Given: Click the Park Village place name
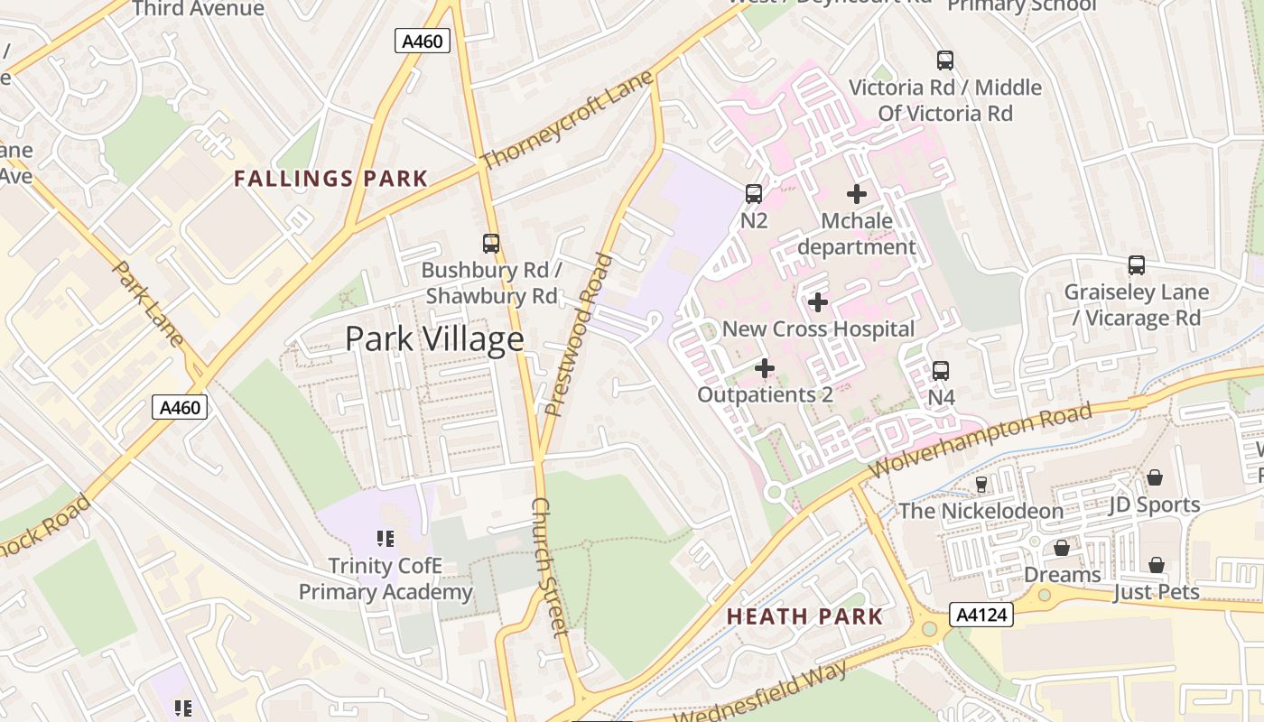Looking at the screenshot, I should (434, 338).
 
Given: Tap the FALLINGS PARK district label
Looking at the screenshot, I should (330, 179).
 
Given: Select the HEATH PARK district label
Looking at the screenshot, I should (804, 616).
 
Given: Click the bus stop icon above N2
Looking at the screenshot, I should (754, 193).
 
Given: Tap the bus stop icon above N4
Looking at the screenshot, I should (941, 370).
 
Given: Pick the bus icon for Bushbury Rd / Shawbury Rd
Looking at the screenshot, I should (491, 243).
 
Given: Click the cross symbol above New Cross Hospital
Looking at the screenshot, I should (818, 302).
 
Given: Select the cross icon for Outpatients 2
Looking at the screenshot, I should (765, 368).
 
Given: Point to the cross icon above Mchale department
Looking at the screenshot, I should (857, 194).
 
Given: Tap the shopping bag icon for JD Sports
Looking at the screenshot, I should (1155, 477).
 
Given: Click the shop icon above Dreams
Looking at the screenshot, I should (1062, 548).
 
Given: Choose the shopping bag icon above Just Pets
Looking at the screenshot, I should (1157, 565).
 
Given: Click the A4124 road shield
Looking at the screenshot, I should (981, 616).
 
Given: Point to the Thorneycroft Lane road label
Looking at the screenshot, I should (566, 122).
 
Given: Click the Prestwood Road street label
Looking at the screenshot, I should (579, 335).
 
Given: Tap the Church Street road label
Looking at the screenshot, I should (550, 566).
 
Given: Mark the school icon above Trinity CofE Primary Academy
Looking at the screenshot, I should (386, 539).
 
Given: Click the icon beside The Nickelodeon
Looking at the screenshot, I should (981, 485).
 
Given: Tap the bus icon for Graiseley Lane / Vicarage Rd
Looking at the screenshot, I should (1137, 265).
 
